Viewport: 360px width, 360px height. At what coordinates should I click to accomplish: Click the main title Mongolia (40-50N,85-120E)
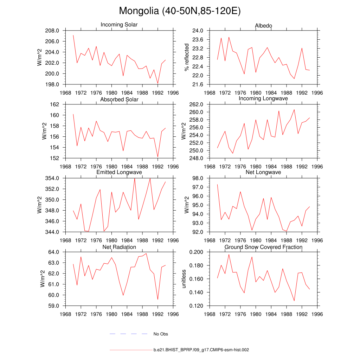180,11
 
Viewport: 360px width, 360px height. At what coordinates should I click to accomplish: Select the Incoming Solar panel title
119,25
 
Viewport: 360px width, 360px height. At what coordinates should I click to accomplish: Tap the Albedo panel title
263,26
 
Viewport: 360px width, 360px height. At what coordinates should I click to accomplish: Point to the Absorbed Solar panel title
119,99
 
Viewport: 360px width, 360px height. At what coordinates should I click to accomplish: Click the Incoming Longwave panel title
263,98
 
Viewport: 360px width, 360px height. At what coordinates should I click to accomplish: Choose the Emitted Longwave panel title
119,172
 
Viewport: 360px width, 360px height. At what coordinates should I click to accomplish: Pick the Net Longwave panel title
263,172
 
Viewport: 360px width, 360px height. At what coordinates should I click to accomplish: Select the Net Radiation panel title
119,247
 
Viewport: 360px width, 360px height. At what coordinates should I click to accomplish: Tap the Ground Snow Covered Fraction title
263,247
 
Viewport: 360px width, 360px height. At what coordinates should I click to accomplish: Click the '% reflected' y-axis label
187,57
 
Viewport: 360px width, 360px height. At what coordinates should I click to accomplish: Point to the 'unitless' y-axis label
183,279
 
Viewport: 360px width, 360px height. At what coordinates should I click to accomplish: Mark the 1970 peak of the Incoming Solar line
73,35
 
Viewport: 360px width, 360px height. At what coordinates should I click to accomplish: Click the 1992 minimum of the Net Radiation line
157,300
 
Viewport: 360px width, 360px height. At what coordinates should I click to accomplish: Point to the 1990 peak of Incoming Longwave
294,109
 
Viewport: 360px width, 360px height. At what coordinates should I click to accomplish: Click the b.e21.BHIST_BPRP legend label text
201,350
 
